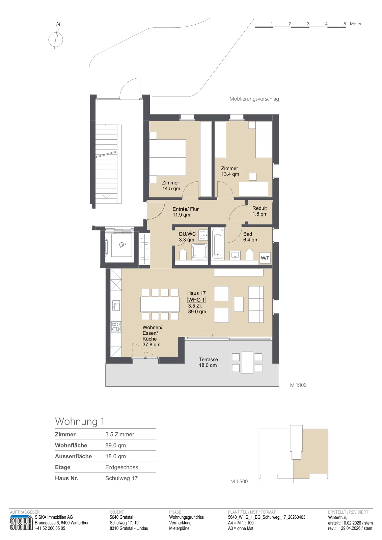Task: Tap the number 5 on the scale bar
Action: [x=345, y=24]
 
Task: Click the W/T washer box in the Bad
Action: [x=265, y=258]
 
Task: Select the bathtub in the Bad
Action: [x=218, y=243]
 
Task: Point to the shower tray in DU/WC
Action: [x=199, y=252]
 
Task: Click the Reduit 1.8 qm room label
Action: [x=260, y=211]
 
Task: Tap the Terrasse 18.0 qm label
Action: [x=208, y=362]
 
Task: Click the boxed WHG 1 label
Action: [x=197, y=300]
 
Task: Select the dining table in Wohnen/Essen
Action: [x=160, y=304]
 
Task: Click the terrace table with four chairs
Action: [x=247, y=362]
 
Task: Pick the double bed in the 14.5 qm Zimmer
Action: [x=167, y=158]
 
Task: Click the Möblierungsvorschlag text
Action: [x=254, y=99]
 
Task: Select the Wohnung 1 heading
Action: [x=80, y=421]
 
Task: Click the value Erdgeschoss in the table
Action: [x=122, y=467]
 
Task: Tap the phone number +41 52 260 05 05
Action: [x=50, y=528]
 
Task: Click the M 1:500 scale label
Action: [x=239, y=481]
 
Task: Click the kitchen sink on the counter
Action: [x=116, y=306]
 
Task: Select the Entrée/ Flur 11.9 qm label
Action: [x=186, y=212]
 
